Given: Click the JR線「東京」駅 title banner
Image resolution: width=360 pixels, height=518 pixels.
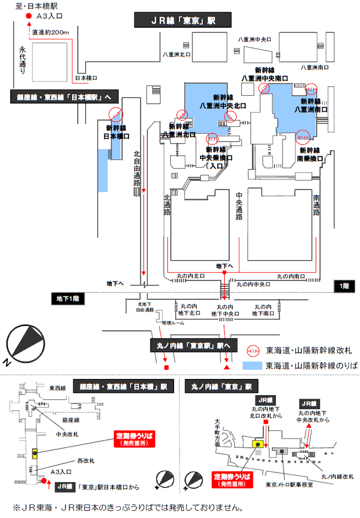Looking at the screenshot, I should click(x=183, y=20).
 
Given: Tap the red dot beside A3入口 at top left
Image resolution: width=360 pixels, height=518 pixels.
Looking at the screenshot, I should click(x=28, y=17).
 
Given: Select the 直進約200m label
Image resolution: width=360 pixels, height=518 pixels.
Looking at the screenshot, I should click(x=51, y=32).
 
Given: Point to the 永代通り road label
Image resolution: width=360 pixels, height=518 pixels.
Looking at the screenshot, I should click(x=22, y=60).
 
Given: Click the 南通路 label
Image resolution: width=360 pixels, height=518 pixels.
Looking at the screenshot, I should click(x=316, y=205).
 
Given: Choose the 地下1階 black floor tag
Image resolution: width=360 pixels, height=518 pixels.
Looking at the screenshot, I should click(x=67, y=298).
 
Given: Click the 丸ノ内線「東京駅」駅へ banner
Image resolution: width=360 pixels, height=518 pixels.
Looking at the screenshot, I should click(x=194, y=346).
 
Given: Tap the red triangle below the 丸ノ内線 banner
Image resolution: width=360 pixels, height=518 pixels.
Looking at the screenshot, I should click(x=227, y=366).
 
